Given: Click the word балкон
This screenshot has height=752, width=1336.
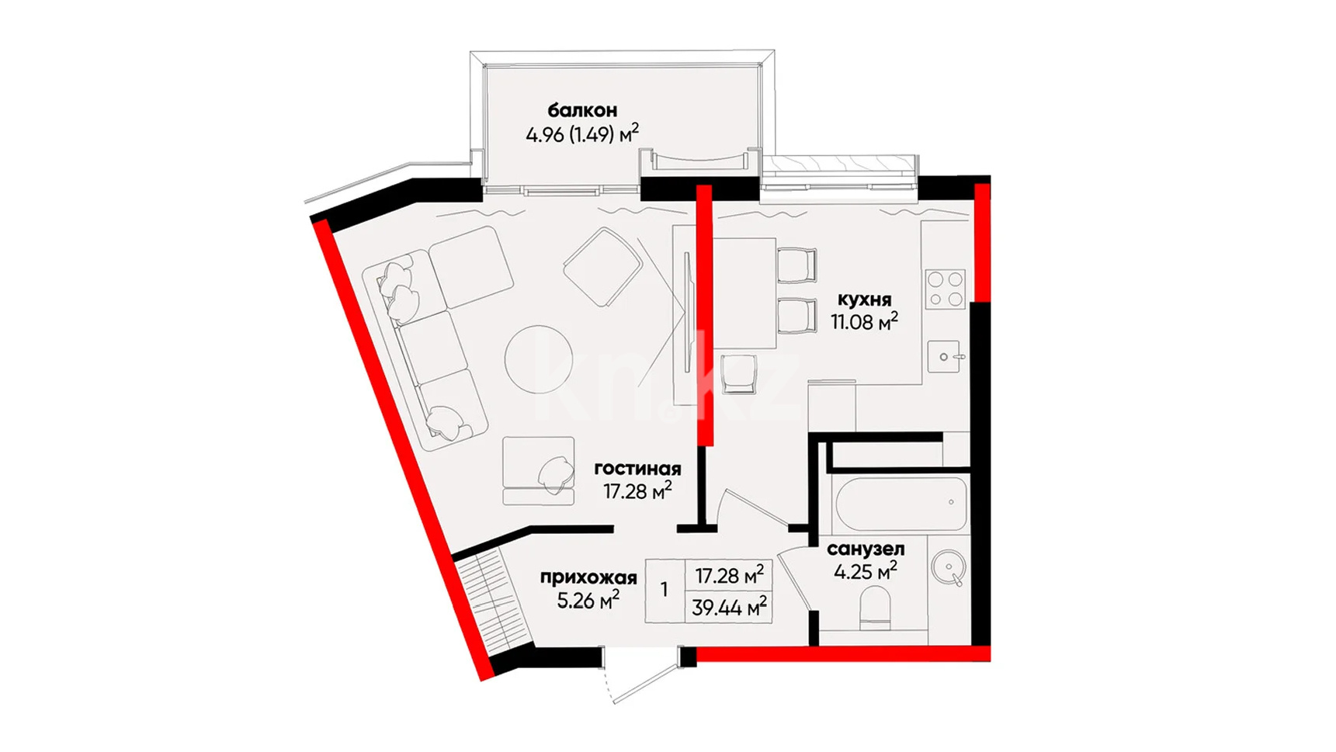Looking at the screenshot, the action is (x=582, y=110).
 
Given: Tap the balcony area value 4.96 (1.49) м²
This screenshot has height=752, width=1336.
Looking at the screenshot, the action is (x=582, y=134).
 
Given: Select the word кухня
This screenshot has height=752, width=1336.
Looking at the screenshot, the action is (x=864, y=300).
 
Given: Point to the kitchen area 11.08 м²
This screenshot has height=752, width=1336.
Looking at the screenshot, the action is (x=864, y=321).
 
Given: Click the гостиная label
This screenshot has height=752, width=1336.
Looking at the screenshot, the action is (x=637, y=469).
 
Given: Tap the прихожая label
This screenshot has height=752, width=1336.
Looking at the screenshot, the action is (x=588, y=577).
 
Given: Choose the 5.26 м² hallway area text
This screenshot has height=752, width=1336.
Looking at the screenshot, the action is (x=588, y=600).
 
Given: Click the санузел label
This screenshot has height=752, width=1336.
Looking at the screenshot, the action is (x=866, y=549).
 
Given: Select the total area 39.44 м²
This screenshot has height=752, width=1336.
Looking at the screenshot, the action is (x=729, y=607).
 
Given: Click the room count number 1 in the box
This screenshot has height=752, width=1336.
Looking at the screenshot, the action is (x=665, y=591).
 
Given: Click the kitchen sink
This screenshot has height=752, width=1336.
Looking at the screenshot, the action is (x=945, y=358).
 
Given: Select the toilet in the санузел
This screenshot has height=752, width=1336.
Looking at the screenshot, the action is (x=875, y=610).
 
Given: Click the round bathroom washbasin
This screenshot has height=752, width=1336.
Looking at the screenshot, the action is (x=948, y=568).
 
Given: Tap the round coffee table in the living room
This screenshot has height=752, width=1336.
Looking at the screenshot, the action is (x=539, y=359).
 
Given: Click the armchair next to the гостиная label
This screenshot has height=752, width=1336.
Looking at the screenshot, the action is (x=539, y=471).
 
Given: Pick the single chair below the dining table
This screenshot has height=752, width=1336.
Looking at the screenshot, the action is (x=738, y=373).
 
